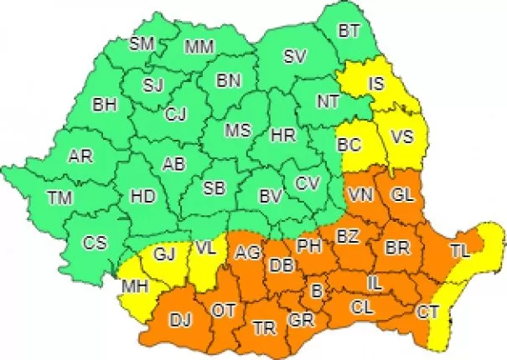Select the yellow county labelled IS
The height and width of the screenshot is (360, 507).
pos(377,83)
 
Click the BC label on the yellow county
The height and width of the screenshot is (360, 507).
pos(349,145)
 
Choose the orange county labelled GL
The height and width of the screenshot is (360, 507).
pos(403,195)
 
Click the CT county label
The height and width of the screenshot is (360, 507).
pos(427,312)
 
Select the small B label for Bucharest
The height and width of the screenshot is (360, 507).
pos(316,291)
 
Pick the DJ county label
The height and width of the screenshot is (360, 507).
pos(180,318)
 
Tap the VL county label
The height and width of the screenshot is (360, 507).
pos(207,249)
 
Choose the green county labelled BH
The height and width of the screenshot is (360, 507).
pos(105,106)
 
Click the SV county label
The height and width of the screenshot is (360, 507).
pos(293,57)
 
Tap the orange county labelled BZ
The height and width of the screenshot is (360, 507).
pos(347,237)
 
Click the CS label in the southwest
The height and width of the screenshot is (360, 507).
pos(95,243)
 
